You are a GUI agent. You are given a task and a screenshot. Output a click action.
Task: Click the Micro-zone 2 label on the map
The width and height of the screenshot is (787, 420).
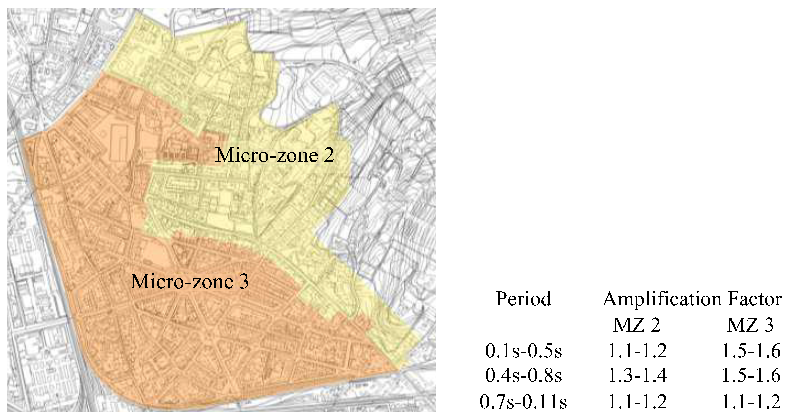274,155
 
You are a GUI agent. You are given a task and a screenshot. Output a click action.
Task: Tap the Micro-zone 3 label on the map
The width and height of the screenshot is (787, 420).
189,281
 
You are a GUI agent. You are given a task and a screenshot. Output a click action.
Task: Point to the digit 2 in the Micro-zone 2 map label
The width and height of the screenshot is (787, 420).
329,155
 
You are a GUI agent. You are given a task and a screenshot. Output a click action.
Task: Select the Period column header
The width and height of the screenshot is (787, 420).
523,299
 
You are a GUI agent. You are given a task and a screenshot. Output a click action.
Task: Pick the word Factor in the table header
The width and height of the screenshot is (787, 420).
755,299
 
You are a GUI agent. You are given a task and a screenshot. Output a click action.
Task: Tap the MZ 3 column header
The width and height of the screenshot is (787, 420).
750,325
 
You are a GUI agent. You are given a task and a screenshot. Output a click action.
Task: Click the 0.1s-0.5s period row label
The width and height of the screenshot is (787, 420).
523,351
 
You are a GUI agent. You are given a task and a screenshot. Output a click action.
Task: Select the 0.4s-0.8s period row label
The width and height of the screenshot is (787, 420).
523,375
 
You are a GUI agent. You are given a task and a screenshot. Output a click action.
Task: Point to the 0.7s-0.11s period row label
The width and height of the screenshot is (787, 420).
523,401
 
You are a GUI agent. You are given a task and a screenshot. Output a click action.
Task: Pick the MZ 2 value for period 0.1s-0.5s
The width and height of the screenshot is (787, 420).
638,351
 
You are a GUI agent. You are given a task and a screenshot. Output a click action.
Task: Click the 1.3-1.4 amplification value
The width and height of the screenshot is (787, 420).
638,375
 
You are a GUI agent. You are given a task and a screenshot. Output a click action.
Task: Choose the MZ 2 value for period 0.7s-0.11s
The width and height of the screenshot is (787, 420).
638,401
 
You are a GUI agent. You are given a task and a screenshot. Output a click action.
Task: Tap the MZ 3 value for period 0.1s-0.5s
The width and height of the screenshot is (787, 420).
751,351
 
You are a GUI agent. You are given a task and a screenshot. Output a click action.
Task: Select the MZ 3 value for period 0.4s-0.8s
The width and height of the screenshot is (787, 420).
751,375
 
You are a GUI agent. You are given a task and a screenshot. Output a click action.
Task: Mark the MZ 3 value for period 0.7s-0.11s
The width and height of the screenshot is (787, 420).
751,401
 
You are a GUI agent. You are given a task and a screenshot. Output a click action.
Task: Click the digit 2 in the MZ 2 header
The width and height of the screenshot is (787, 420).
655,325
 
